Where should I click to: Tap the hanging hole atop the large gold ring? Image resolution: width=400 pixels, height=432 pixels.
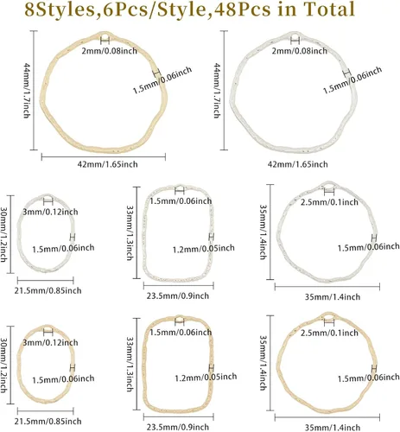pos(105,38)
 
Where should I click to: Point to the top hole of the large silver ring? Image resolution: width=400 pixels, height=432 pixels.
pos(295,38)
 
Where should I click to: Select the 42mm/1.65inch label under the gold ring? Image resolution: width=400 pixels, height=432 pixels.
pos(107,164)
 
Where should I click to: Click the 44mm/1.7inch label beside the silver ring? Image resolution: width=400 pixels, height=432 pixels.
pos(217,91)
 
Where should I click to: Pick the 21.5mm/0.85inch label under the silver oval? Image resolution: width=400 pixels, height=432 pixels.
pos(48,290)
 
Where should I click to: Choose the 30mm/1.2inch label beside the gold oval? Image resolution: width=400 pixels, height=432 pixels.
pos(3,365)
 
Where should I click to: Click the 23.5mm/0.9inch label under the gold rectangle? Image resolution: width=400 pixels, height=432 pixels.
pos(178,427)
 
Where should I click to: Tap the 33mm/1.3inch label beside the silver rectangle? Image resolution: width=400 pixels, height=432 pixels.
pos(130,232)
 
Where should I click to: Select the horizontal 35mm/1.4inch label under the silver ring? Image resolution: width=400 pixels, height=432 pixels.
pos(333,296)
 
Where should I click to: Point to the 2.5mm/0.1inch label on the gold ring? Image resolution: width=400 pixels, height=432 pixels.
pos(329,333)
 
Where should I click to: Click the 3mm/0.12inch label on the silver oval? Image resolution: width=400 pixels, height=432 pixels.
pos(50,212)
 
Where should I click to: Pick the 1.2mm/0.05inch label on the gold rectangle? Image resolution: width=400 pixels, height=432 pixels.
pos(206,377)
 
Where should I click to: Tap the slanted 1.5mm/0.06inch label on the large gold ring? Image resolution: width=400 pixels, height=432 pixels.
pos(162,80)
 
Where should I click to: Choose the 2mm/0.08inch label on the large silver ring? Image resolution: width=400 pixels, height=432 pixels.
pos(300,51)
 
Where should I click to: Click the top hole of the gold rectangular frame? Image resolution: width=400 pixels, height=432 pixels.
pos(180,320)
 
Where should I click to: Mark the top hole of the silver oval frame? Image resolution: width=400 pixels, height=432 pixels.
pos(48,198)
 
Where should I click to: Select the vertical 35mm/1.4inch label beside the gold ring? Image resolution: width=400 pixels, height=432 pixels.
pos(263,363)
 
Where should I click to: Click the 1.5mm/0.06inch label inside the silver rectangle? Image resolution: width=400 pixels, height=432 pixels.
pos(181,201)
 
